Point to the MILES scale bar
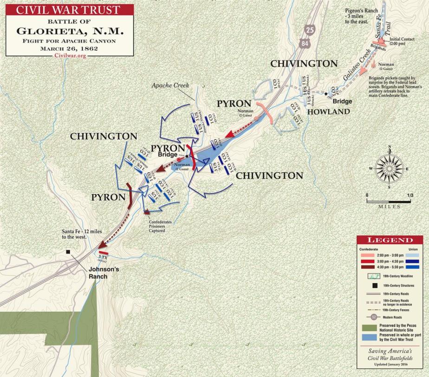(x=389, y=201)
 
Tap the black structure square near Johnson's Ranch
(x=68, y=252)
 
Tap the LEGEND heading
(x=390, y=240)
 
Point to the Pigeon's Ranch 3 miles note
(x=362, y=16)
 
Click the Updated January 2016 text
(x=390, y=370)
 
